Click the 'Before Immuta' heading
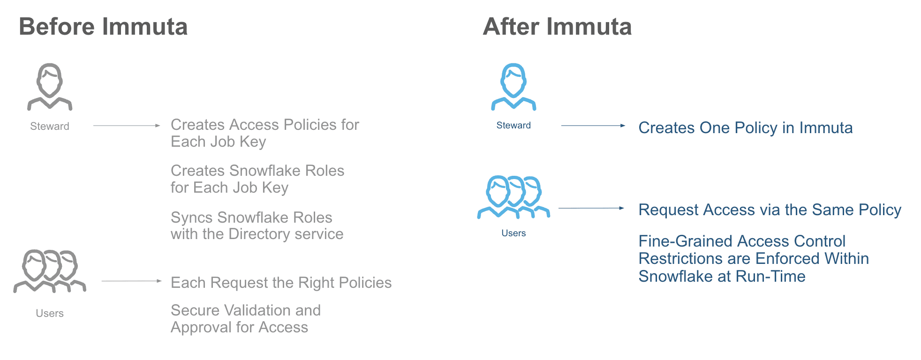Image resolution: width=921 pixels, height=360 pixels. [103, 27]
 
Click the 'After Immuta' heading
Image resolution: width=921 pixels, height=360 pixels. [557, 27]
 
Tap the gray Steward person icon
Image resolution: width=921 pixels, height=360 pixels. [50, 87]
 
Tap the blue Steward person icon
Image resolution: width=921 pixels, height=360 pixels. [513, 87]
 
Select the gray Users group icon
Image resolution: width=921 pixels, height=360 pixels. [50, 271]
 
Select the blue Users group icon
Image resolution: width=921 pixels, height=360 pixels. [513, 197]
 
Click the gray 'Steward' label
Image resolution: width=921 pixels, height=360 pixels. [50, 126]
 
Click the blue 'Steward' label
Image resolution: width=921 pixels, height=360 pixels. [513, 125]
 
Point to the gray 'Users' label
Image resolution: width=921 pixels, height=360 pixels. [50, 313]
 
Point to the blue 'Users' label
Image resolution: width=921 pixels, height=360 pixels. [513, 233]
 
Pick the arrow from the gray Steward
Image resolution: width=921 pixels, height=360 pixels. [127, 126]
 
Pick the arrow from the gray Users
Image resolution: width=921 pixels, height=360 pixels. [131, 281]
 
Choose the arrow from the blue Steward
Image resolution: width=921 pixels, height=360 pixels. [593, 126]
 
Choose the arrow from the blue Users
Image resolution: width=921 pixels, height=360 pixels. [591, 208]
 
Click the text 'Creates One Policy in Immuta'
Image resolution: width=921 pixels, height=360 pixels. [745, 128]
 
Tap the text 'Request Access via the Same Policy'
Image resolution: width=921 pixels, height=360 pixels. [770, 210]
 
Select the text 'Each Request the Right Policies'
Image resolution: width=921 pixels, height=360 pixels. [281, 283]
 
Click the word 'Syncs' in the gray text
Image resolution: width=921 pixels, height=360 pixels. [192, 218]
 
